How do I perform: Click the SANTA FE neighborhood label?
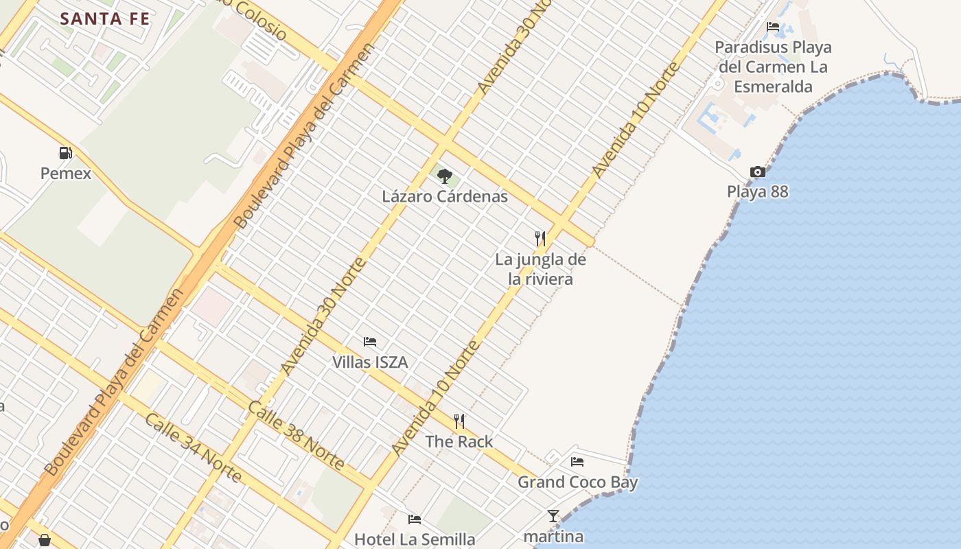(104, 19)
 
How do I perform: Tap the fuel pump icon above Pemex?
(65, 153)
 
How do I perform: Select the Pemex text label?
(65, 174)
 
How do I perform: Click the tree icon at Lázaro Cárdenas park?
(445, 176)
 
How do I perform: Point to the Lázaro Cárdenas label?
(445, 197)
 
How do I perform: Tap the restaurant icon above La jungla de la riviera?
(540, 239)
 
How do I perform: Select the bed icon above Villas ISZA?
(370, 341)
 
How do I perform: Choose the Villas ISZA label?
(370, 362)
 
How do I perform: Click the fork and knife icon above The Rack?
(459, 421)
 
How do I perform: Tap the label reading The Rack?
(459, 442)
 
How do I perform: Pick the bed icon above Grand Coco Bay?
(577, 462)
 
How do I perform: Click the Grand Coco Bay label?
(577, 482)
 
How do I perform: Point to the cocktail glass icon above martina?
(553, 516)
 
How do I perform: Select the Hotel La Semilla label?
(415, 539)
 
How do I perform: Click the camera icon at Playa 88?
(758, 172)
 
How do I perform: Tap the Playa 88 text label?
(758, 192)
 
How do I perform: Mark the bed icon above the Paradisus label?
(773, 27)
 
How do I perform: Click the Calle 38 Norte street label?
(296, 435)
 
